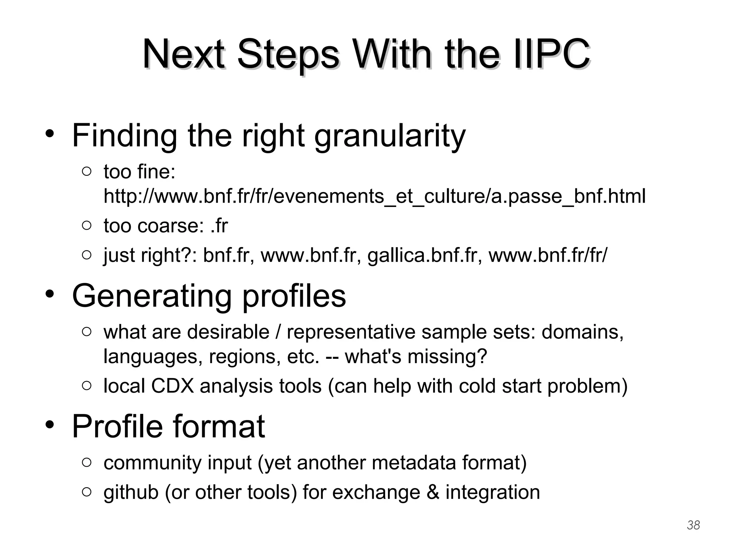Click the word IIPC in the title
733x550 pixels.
pyautogui.click(x=551, y=55)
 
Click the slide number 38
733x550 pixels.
pyautogui.click(x=693, y=525)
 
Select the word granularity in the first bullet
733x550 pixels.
pyautogui.click(x=390, y=136)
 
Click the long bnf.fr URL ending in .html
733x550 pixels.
pyautogui.click(x=374, y=196)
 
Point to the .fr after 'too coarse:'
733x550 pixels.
pyautogui.click(x=219, y=226)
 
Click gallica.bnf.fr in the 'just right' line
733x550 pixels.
pyautogui.click(x=424, y=255)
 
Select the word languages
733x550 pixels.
pyautogui.click(x=153, y=356)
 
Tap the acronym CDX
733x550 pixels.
pyautogui.click(x=172, y=386)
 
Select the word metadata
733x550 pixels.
pyautogui.click(x=414, y=463)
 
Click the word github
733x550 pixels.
pyautogui.click(x=131, y=492)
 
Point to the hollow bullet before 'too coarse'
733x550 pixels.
pyautogui.click(x=87, y=226)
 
